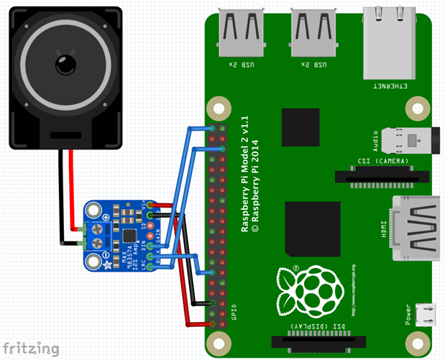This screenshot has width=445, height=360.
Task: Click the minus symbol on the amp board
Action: pos(106,254)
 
